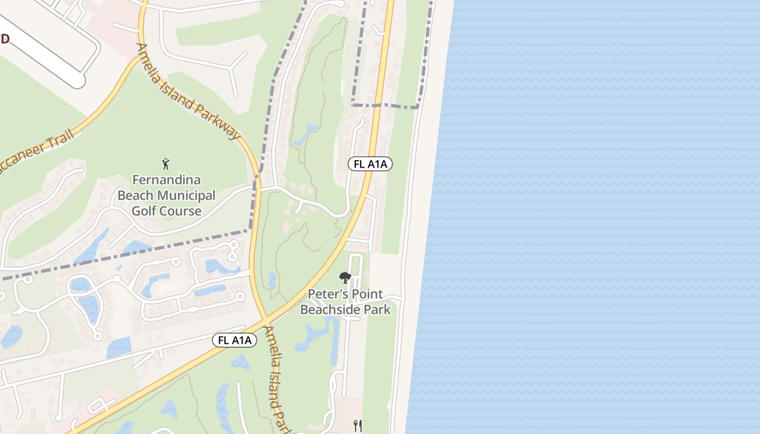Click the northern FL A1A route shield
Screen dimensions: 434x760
370,164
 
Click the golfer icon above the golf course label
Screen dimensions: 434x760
166,163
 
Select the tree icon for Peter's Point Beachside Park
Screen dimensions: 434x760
345,278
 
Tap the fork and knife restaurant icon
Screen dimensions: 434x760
358,425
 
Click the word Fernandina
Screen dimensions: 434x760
167,180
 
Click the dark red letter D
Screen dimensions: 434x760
5,39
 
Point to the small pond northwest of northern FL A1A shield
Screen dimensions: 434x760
305,134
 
